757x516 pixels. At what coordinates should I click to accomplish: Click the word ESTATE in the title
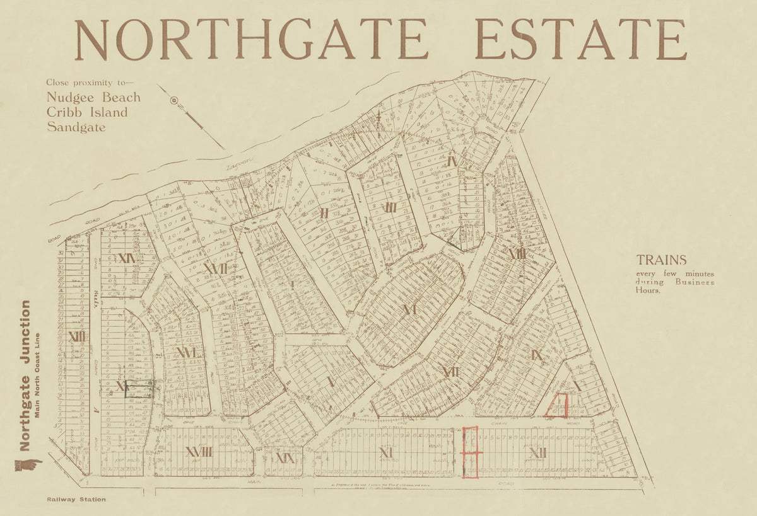click(x=580, y=39)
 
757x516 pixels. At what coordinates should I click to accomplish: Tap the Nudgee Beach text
click(x=93, y=98)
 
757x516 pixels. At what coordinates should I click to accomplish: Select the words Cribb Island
click(x=87, y=113)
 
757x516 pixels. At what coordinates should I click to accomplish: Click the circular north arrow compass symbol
click(x=175, y=100)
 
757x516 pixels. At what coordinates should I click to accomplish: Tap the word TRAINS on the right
click(x=661, y=260)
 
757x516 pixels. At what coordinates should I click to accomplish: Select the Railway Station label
click(x=76, y=499)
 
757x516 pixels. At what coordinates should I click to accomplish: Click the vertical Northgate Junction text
click(x=25, y=376)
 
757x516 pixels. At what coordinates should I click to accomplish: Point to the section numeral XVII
click(x=215, y=269)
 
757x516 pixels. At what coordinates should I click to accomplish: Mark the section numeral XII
click(x=537, y=452)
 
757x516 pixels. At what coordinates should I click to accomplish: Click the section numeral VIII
click(x=517, y=254)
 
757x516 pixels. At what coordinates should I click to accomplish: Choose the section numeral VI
click(x=409, y=309)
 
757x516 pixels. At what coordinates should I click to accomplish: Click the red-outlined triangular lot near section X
click(x=558, y=406)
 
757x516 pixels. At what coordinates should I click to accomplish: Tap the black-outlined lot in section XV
click(x=139, y=389)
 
